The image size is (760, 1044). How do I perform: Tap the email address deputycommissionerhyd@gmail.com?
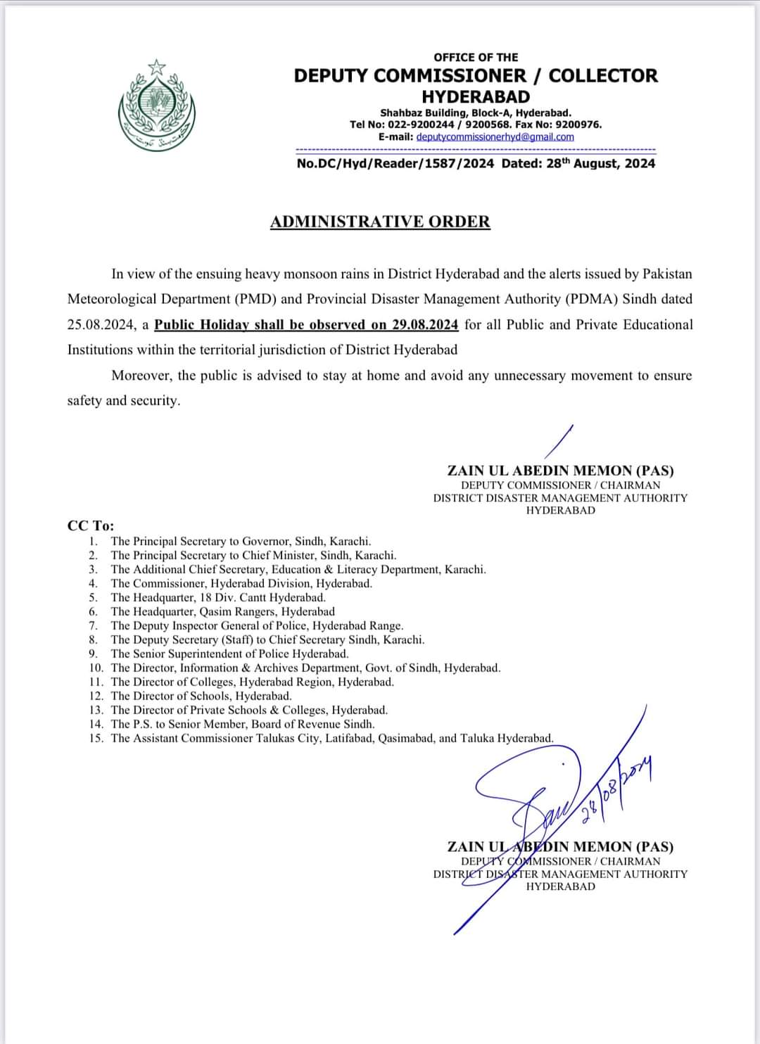[x=495, y=136]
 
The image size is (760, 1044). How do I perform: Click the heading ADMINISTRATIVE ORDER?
[x=380, y=222]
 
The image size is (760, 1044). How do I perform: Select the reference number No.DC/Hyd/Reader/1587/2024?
[x=395, y=163]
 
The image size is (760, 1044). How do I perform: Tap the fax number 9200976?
[x=578, y=125]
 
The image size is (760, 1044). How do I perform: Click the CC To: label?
[x=91, y=526]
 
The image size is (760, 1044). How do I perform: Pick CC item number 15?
[x=96, y=738]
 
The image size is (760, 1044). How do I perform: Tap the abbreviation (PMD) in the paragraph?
[x=256, y=299]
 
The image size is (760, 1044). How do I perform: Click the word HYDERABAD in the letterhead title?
[x=476, y=96]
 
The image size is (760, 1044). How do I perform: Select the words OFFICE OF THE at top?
[x=476, y=57]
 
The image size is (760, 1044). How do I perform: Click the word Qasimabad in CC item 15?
[x=407, y=738]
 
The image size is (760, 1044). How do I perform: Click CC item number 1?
[x=94, y=541]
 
